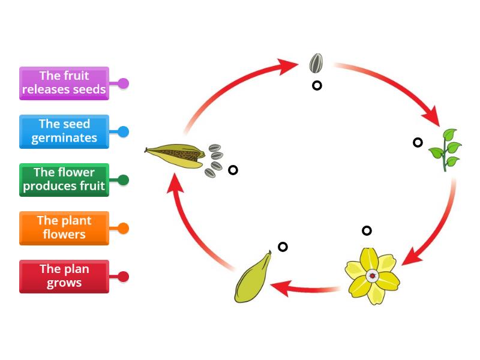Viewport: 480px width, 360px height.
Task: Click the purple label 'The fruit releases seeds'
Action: pos(64,83)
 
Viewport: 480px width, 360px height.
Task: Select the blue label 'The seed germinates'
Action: pos(64,131)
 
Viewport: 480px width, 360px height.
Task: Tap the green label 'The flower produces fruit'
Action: pos(64,180)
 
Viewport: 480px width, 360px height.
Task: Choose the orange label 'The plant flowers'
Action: pos(64,228)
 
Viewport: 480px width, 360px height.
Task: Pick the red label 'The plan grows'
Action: pos(64,277)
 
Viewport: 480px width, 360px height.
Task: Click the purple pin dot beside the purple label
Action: pos(123,83)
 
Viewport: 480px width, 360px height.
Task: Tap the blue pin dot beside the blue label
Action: pos(123,131)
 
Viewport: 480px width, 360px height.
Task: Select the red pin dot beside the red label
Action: pos(123,277)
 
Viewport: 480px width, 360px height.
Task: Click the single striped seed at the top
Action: pos(316,63)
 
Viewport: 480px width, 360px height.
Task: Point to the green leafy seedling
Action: pos(445,149)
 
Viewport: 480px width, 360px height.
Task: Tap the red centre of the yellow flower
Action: pos(373,276)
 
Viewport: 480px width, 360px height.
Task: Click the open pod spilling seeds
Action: pos(177,154)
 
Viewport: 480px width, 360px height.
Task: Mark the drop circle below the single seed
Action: pos(317,85)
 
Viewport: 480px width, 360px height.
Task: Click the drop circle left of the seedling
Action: pos(418,142)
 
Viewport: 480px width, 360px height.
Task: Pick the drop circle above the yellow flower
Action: pos(367,230)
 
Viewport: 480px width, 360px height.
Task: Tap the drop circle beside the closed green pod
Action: pos(283,247)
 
